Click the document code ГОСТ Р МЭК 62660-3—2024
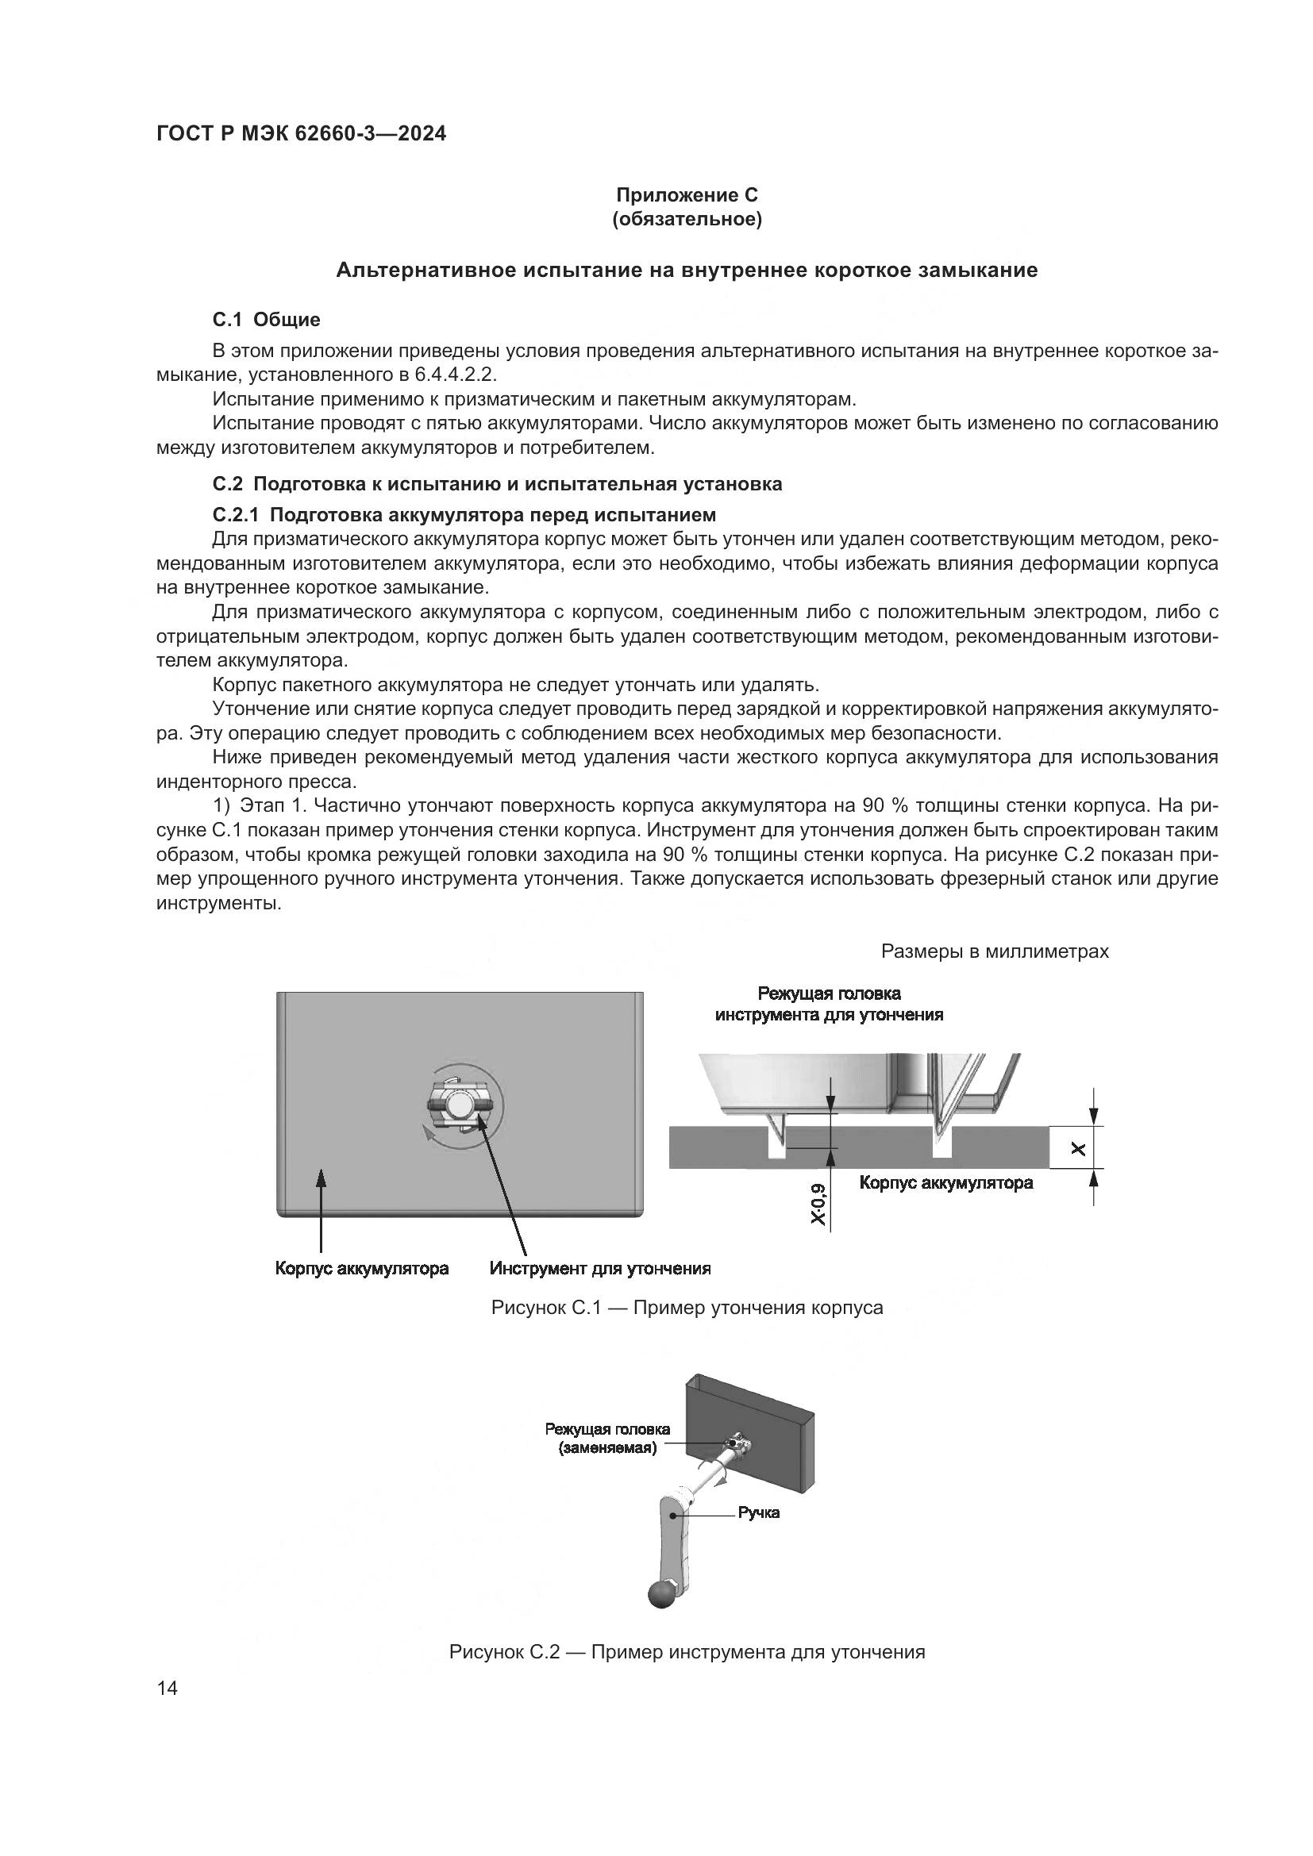coord(301,134)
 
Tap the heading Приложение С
coord(687,195)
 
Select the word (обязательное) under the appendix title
coord(687,219)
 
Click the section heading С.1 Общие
coord(266,319)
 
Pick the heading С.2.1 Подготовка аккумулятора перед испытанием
coord(464,515)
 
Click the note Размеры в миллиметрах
coord(995,951)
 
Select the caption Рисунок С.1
coord(687,1308)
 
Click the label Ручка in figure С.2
coord(758,1512)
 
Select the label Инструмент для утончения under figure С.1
coord(600,1268)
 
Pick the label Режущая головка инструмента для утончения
coord(829,1004)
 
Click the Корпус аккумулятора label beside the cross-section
coord(945,1183)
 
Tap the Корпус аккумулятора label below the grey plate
coord(361,1268)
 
